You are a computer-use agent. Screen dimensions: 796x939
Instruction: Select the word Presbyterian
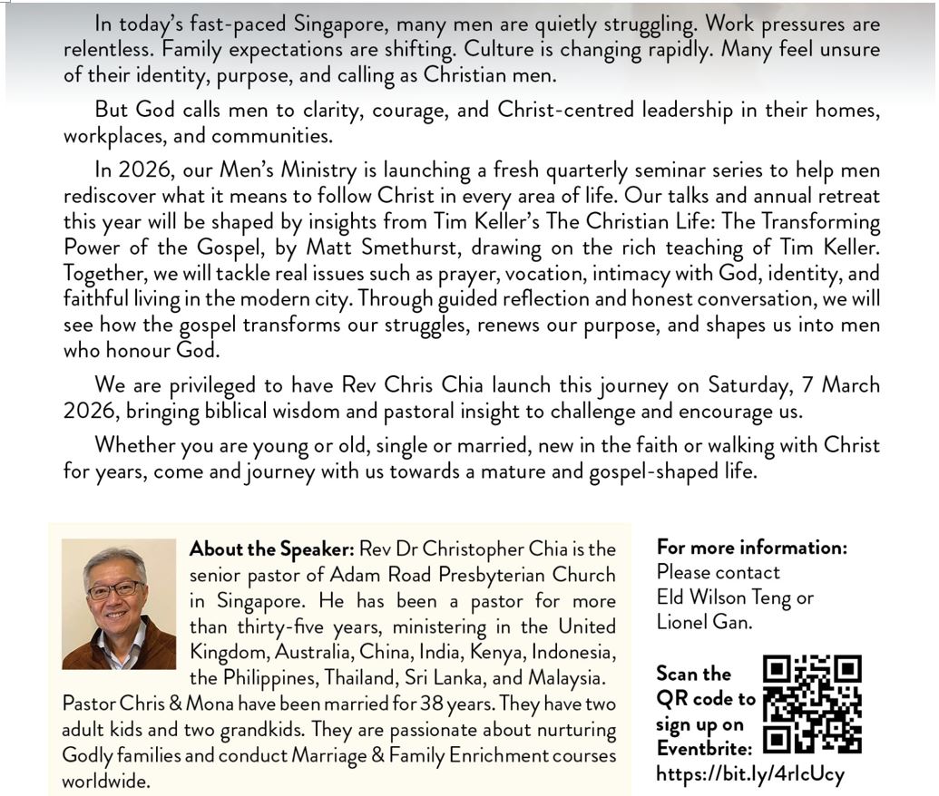coord(494,575)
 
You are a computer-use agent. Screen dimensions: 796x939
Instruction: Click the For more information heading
coord(752,548)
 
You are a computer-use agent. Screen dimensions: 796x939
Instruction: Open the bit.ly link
coord(749,773)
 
